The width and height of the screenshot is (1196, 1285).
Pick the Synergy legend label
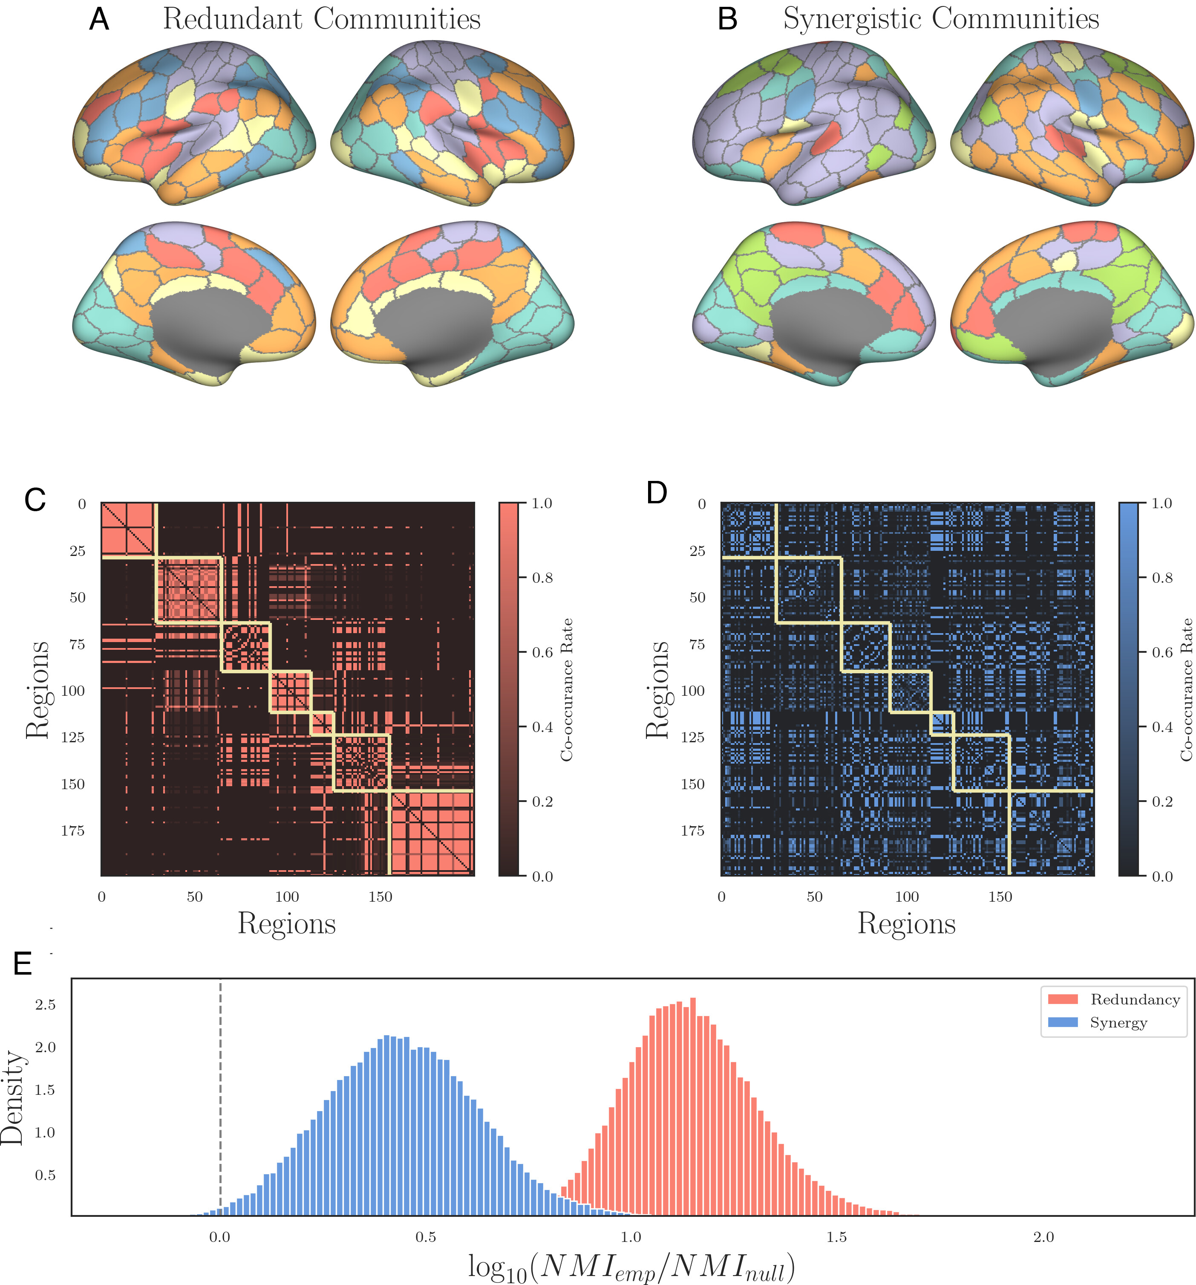pyautogui.click(x=1118, y=1022)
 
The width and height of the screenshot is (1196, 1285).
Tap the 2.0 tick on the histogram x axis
pyautogui.click(x=1043, y=1237)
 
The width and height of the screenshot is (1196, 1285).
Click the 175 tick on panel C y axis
pyautogui.click(x=72, y=831)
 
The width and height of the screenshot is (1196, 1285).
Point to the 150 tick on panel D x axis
pyautogui.click(x=1000, y=897)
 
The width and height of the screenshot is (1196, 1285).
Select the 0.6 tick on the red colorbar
pyautogui.click(x=542, y=652)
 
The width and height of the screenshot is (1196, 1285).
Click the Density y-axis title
pyautogui.click(x=13, y=1097)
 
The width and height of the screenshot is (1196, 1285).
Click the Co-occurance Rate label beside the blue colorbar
pyautogui.click(x=1186, y=690)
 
